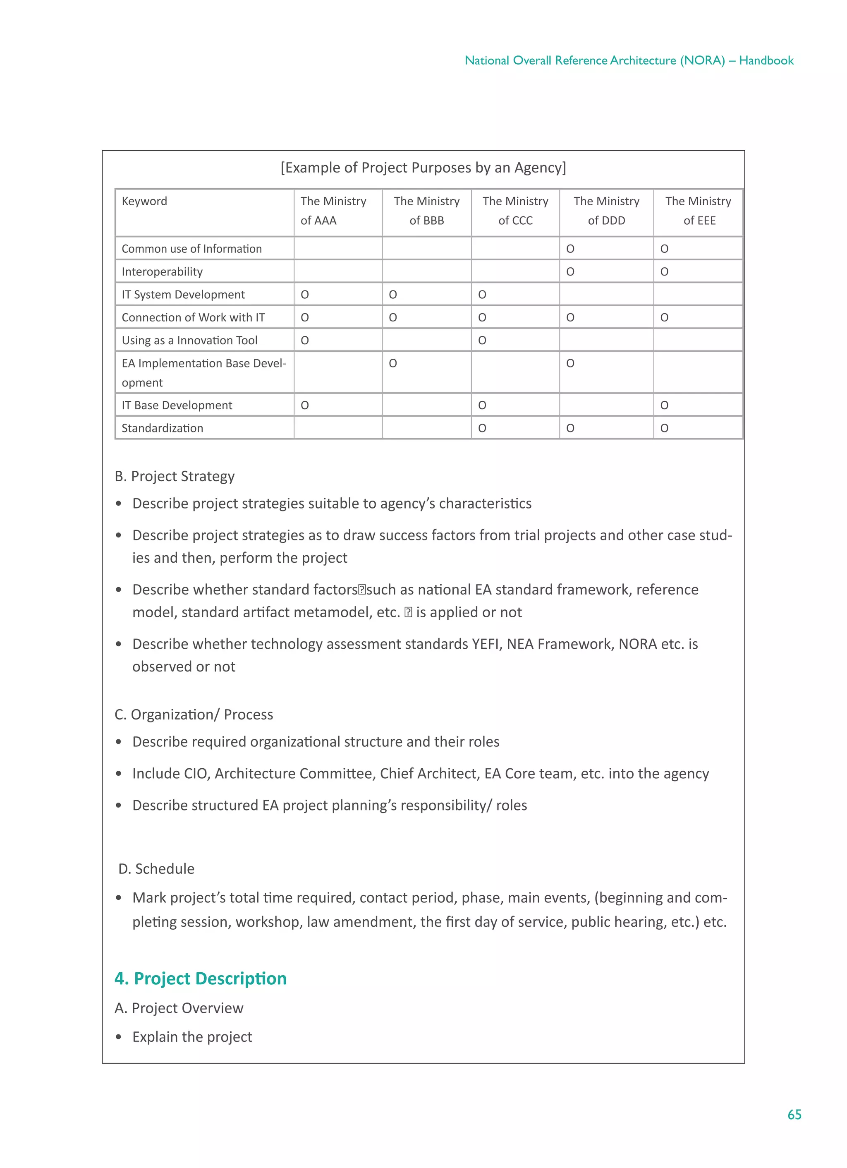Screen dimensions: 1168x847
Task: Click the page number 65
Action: point(794,1115)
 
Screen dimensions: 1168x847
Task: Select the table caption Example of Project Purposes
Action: point(423,168)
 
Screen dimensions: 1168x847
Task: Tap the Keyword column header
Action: point(144,201)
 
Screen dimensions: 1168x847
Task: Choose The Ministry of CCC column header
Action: point(515,211)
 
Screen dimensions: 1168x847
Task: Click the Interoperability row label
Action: point(162,272)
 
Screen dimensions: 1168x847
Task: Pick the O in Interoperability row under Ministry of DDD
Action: point(570,272)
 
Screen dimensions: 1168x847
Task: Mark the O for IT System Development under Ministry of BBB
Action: point(393,295)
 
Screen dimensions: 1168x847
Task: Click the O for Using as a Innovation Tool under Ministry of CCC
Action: point(482,341)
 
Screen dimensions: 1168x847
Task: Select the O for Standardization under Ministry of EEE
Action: point(664,429)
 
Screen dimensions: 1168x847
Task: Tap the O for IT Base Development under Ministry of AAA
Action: point(305,406)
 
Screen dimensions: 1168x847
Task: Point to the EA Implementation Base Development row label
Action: point(203,373)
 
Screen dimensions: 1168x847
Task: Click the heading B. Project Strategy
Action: point(175,476)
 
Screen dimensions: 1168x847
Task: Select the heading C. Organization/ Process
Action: point(194,715)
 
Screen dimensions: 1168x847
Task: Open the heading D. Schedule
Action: point(156,869)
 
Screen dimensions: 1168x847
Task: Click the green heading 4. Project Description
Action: point(200,979)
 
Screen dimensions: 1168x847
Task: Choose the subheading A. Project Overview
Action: point(179,1008)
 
